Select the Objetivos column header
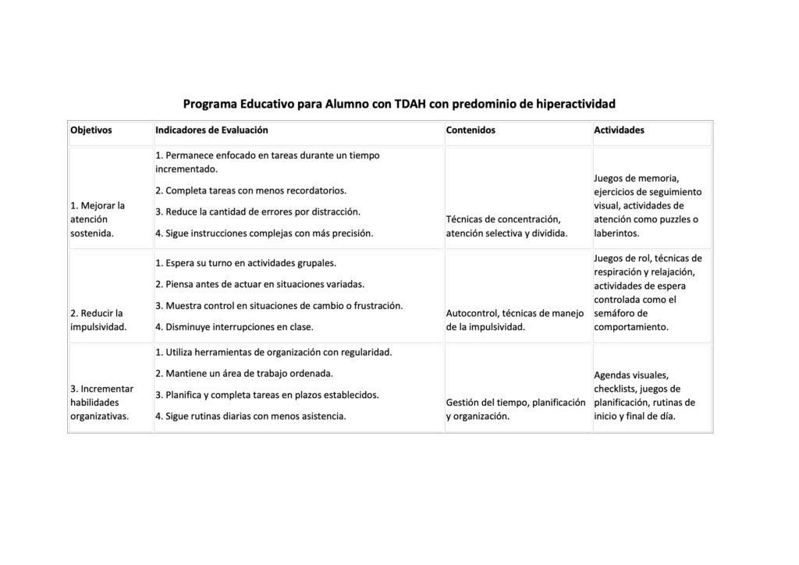pos(91,130)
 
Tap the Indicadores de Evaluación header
pos(211,130)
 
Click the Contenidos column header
pos(471,130)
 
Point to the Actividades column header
pos(619,130)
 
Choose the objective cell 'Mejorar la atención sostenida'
pos(99,219)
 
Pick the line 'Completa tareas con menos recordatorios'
pos(250,190)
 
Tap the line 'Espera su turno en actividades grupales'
pos(246,263)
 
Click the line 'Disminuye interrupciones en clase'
pos(234,327)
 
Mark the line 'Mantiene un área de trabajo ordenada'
pos(244,373)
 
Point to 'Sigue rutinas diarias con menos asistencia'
pos(250,416)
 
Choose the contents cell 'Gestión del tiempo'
pos(515,409)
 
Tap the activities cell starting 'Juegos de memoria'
pos(647,205)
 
